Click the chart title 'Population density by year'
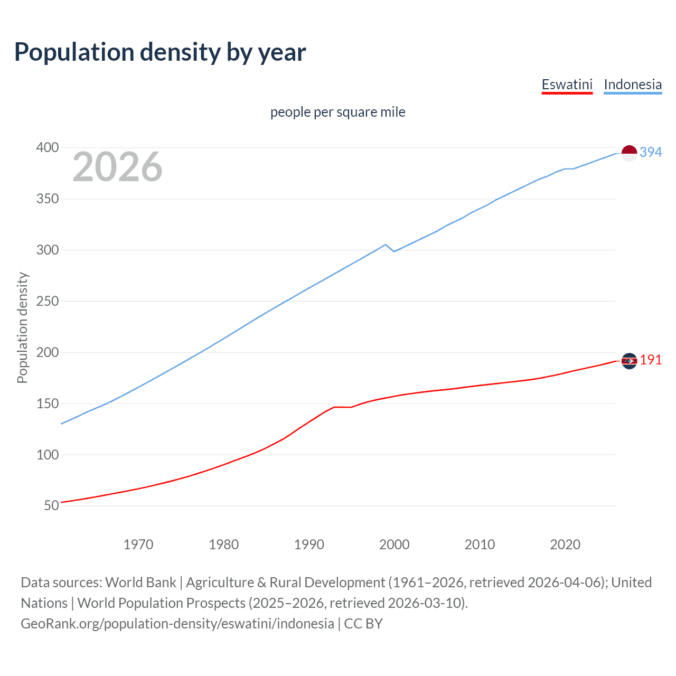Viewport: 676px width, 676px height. point(160,52)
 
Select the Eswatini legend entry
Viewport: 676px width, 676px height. point(567,84)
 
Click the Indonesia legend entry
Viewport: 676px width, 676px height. point(632,84)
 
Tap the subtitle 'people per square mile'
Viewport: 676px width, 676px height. point(337,112)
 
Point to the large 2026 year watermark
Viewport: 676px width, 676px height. point(117,167)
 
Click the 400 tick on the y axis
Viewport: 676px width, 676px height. point(47,147)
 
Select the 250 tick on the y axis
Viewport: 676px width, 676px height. point(47,301)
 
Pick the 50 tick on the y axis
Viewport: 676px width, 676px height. point(51,505)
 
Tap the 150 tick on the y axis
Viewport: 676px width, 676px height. point(47,403)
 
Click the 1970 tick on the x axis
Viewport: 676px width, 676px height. point(138,544)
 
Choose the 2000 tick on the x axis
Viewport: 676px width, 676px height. point(394,544)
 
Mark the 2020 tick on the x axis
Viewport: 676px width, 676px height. point(565,544)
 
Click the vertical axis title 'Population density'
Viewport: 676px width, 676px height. point(22,327)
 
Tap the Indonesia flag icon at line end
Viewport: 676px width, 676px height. point(629,153)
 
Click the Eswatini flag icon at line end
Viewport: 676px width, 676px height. point(629,361)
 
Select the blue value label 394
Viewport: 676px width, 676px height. point(651,152)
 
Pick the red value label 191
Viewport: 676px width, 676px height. point(651,360)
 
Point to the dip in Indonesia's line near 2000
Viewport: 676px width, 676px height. point(393,251)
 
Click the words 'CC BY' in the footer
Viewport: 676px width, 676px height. point(363,624)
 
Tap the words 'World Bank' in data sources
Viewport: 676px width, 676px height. point(140,583)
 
